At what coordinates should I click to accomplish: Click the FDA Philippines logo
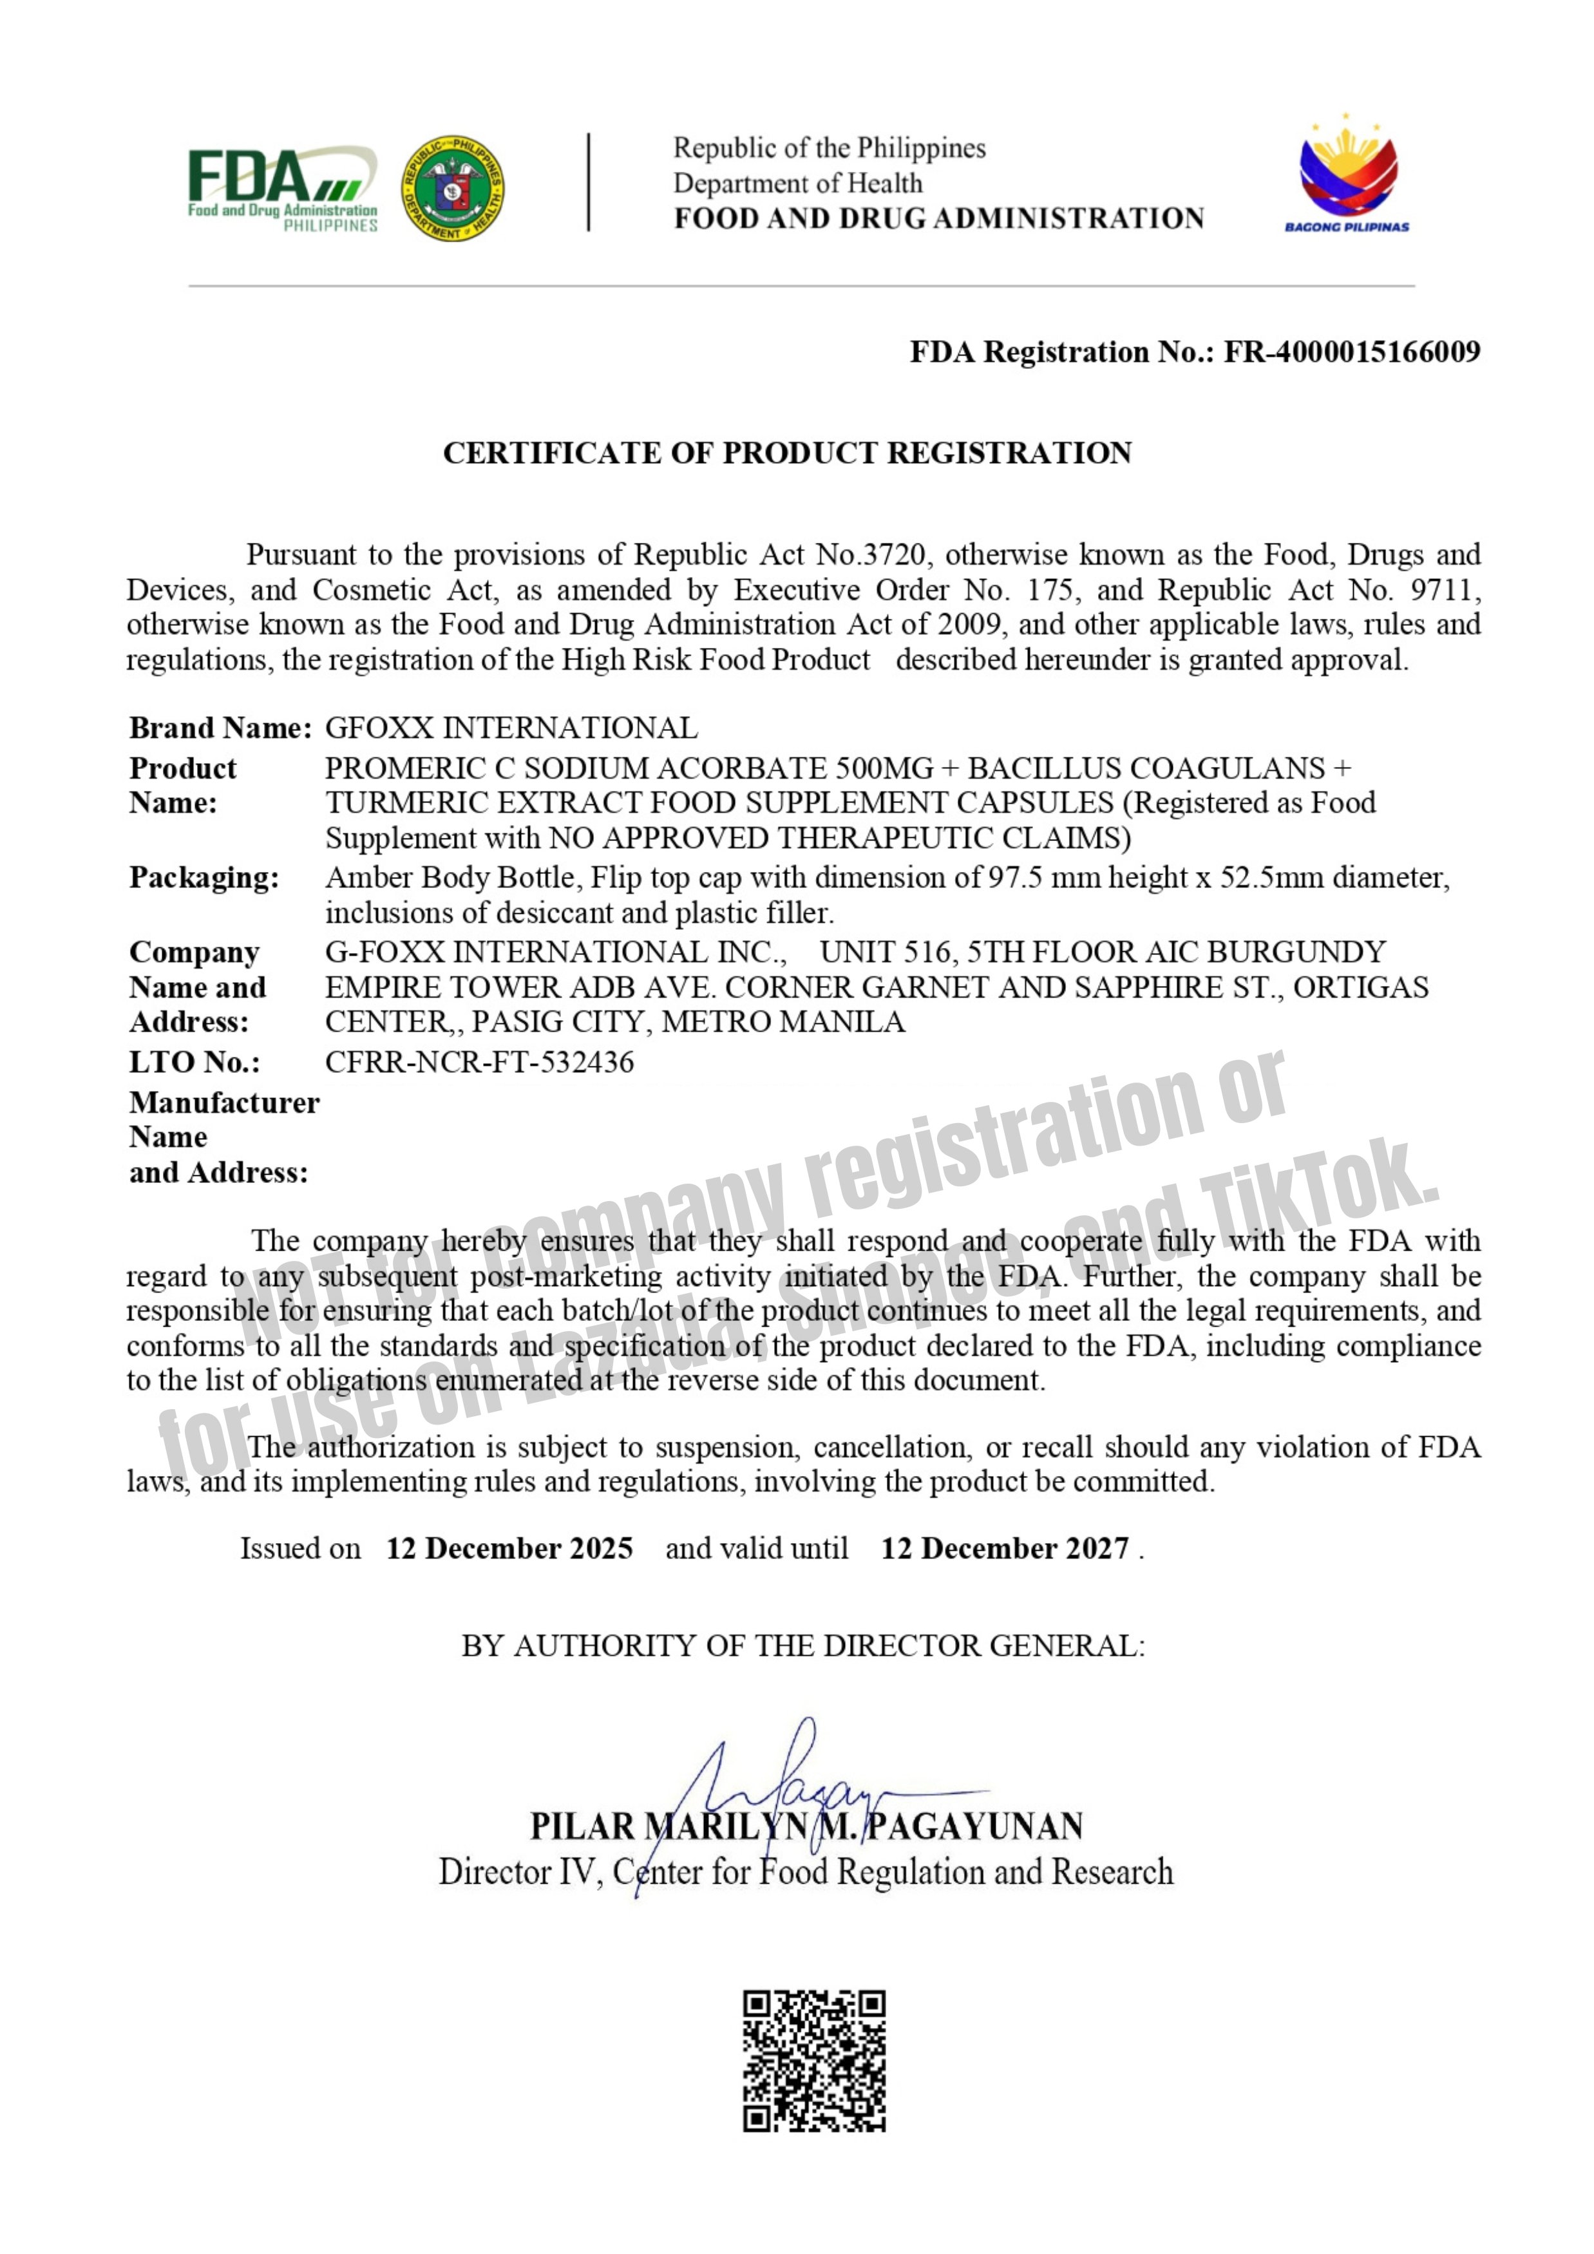coord(283,189)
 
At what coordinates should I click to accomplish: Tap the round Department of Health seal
coord(453,189)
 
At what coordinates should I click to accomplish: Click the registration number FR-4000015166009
coord(1352,352)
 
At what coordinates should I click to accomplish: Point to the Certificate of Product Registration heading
coord(787,453)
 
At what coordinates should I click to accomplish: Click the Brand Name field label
coord(220,728)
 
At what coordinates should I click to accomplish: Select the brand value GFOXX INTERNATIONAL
coord(511,728)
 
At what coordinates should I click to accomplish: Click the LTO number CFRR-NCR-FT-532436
coord(480,1061)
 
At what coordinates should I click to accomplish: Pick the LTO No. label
coord(195,1061)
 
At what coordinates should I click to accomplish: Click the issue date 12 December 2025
coord(509,1548)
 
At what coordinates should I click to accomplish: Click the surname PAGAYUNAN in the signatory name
coord(976,1826)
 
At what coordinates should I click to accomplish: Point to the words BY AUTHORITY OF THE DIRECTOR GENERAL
coord(803,1645)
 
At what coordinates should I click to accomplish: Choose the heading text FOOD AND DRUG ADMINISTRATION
coord(938,218)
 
